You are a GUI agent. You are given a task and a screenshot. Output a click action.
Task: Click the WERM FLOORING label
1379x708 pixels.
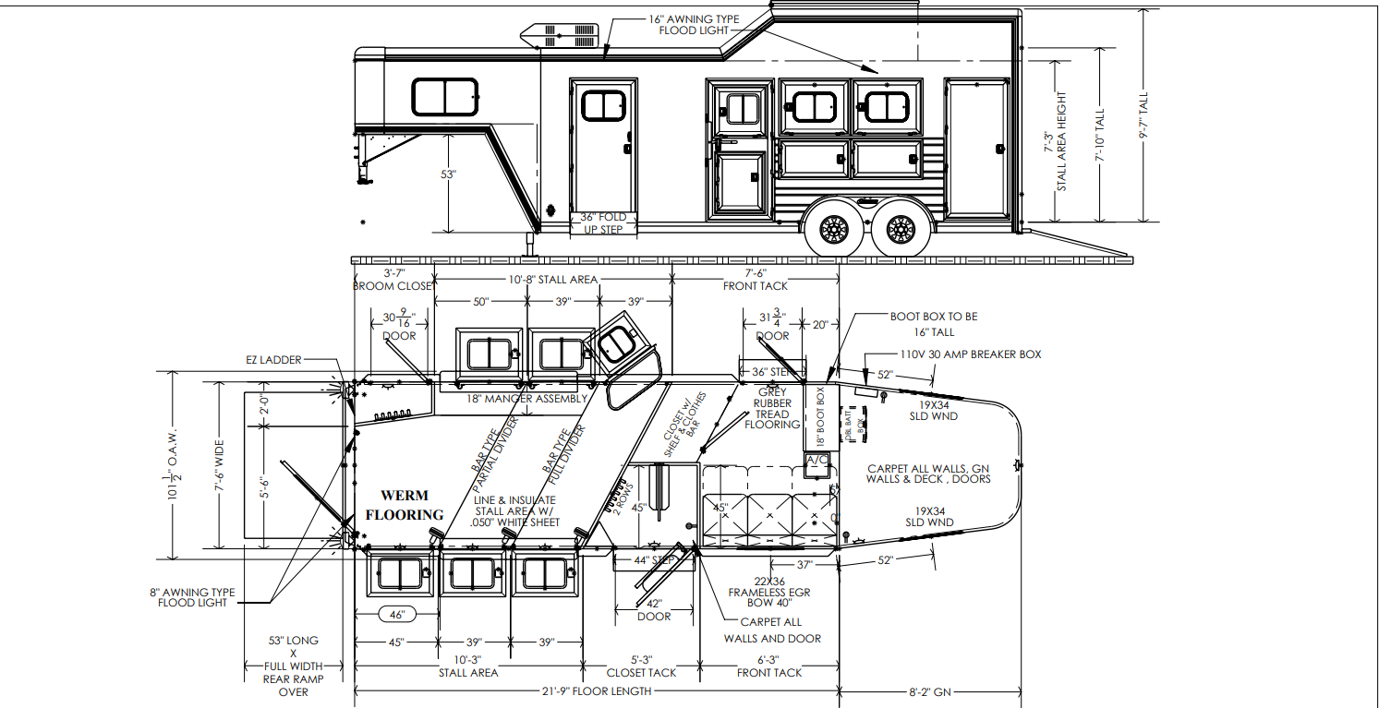[405, 505]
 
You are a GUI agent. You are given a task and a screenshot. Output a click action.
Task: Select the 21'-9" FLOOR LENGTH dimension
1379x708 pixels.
[598, 690]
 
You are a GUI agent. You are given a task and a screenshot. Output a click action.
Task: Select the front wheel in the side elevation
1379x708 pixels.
[833, 228]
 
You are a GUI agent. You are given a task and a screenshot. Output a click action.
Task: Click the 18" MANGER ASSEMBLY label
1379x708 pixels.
[526, 399]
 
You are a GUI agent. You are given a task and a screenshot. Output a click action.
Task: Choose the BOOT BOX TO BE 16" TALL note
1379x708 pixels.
[933, 324]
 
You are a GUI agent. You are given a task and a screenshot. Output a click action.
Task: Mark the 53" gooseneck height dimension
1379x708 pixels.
[450, 174]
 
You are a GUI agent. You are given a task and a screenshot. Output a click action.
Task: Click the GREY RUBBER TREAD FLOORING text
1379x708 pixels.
[772, 408]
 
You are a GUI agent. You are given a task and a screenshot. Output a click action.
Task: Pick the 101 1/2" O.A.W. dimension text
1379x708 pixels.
[174, 466]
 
